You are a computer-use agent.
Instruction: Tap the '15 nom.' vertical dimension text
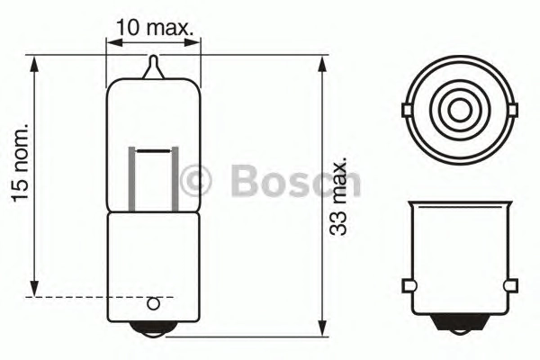[20, 162]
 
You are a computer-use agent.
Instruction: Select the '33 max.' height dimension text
[337, 197]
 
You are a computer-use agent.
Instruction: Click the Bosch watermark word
[296, 181]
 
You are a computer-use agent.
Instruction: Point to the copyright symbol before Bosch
[195, 181]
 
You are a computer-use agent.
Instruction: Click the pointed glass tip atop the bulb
[154, 67]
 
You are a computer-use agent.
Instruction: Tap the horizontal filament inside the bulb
[154, 151]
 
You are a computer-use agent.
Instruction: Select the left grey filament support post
[132, 179]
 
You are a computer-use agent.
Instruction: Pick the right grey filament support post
[175, 179]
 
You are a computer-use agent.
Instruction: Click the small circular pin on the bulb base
[153, 304]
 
